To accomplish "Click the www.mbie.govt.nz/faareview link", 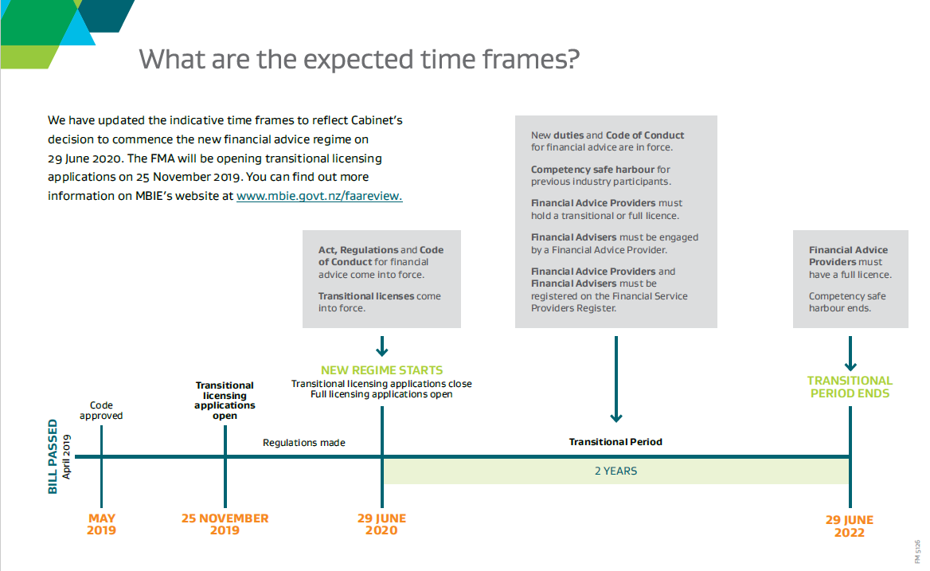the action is [x=319, y=196].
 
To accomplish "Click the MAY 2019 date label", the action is [x=101, y=524].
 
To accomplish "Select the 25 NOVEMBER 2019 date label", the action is [x=225, y=524].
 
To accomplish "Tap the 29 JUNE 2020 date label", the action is [x=381, y=524].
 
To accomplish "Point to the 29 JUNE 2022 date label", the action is [x=850, y=526].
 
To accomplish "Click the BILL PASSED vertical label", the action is [x=53, y=456].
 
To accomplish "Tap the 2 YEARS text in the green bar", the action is [x=615, y=471].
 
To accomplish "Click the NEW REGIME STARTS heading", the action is [x=382, y=370].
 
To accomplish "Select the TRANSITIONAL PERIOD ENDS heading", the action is [x=850, y=386].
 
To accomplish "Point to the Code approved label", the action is [x=101, y=410].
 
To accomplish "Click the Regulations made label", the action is [x=303, y=443].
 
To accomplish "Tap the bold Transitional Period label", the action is [x=615, y=442].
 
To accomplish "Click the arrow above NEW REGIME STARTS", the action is [x=382, y=346].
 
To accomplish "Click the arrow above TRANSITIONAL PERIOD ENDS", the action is [x=850, y=354].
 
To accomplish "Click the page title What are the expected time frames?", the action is [x=359, y=59].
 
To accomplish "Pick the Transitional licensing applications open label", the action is [x=225, y=401].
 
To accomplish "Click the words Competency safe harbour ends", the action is [x=847, y=302].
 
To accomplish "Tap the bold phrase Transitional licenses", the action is [x=367, y=296].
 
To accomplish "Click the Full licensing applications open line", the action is [x=381, y=394].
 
